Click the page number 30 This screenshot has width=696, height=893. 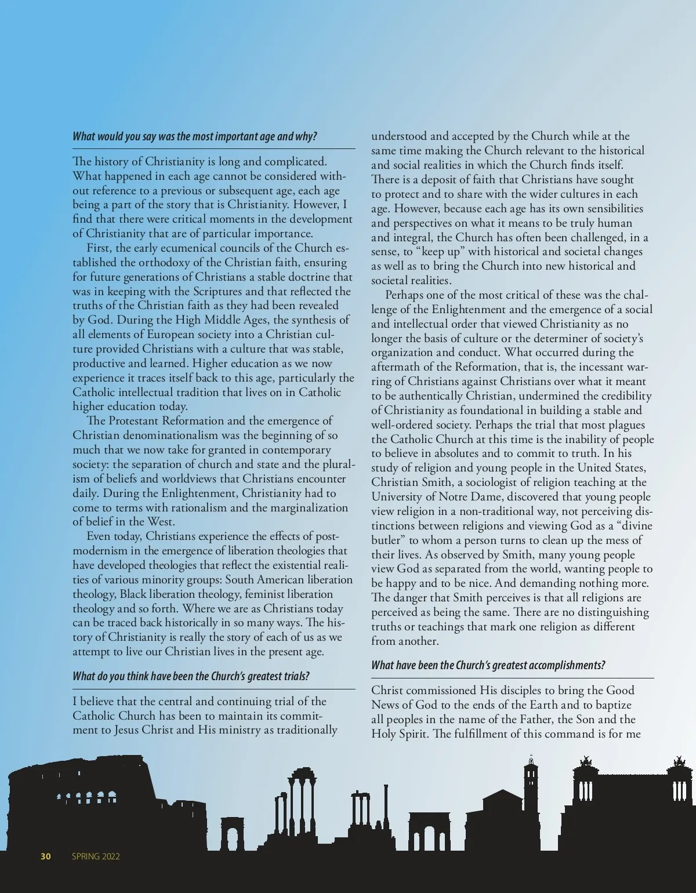(x=46, y=856)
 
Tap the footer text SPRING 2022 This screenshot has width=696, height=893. (x=96, y=856)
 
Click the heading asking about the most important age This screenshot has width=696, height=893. (x=195, y=137)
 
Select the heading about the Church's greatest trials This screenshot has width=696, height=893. (x=191, y=676)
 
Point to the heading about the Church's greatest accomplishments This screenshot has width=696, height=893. (x=488, y=665)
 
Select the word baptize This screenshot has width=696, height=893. (x=612, y=705)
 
